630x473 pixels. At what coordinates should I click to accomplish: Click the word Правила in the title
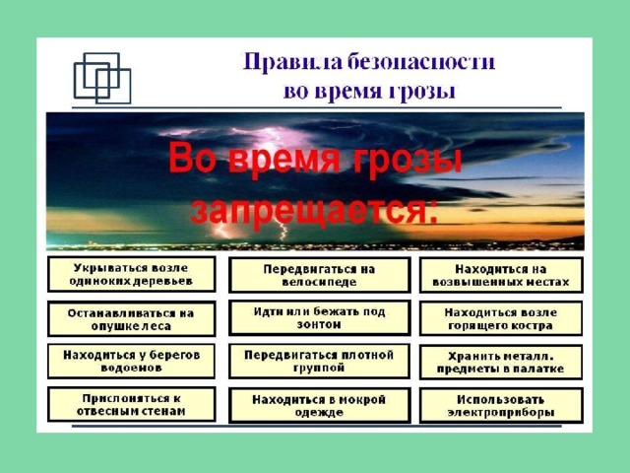[x=292, y=62]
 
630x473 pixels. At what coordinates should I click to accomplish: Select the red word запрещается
[x=314, y=210]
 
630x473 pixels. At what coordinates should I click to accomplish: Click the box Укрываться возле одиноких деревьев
[x=131, y=274]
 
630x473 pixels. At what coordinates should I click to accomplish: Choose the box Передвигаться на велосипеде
[x=319, y=275]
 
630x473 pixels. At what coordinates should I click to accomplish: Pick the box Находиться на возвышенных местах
[x=501, y=275]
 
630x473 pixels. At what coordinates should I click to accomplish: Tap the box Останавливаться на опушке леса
[x=131, y=319]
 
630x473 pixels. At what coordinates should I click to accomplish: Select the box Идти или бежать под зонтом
[x=319, y=317]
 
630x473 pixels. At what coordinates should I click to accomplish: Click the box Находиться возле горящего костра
[x=501, y=318]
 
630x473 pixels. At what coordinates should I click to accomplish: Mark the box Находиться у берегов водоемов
[x=131, y=362]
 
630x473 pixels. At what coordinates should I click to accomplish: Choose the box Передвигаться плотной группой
[x=319, y=362]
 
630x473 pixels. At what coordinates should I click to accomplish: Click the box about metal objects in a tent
[x=501, y=362]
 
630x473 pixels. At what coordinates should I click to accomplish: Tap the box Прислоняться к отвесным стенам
[x=131, y=405]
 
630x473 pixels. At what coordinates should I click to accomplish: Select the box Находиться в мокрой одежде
[x=319, y=405]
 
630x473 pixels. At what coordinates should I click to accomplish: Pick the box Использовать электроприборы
[x=501, y=405]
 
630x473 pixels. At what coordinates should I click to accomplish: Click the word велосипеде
[x=319, y=282]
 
